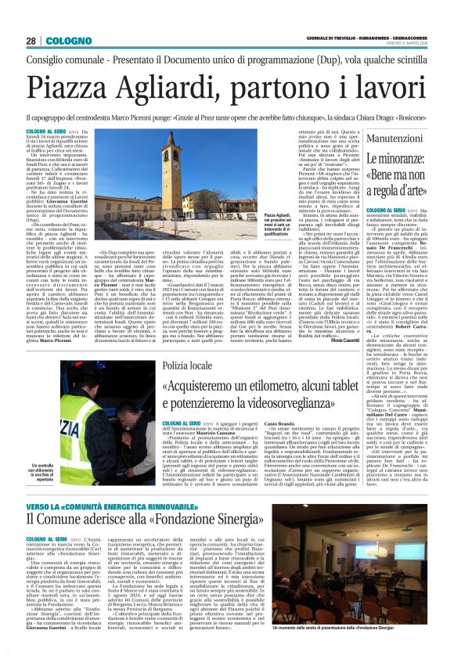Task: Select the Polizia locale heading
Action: tap(185, 366)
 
